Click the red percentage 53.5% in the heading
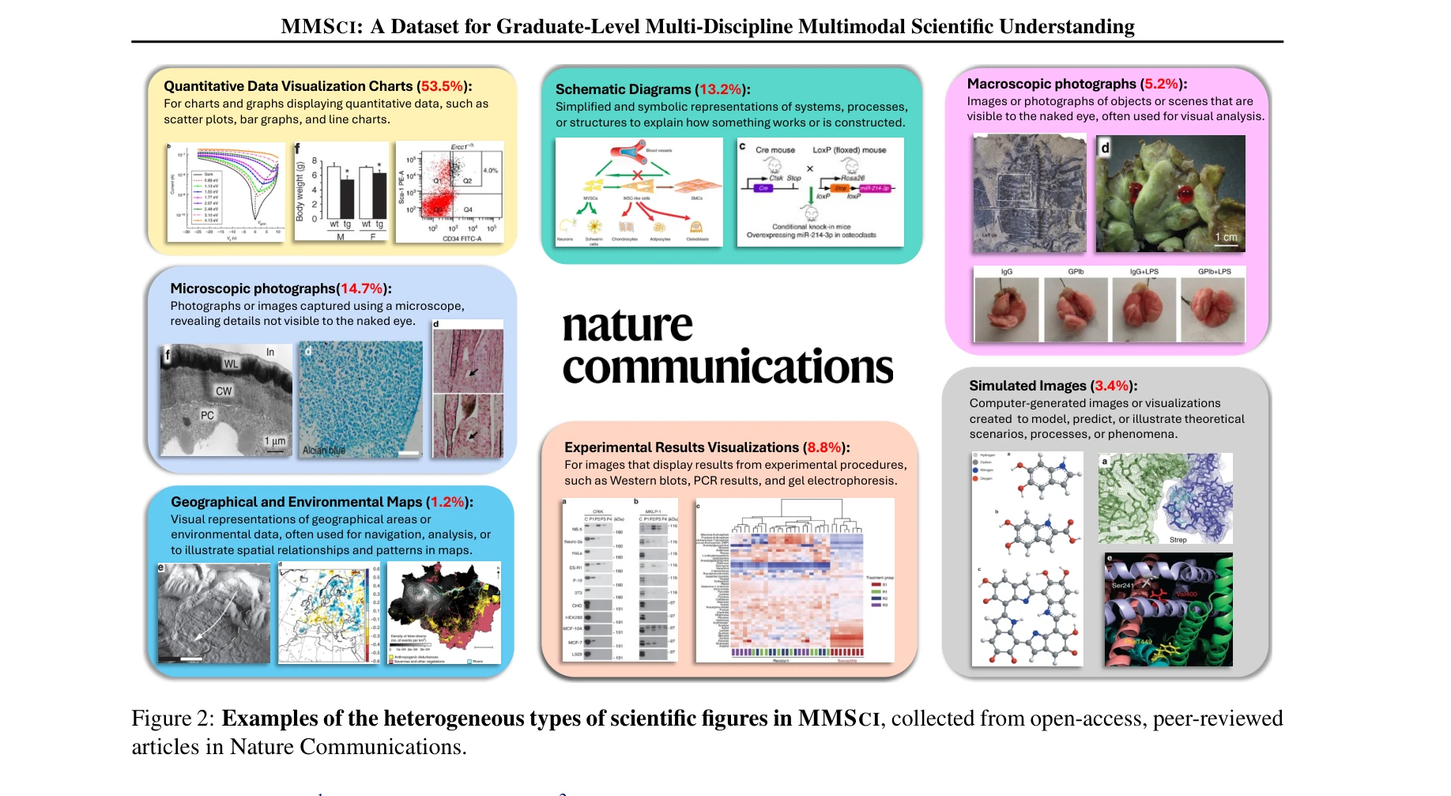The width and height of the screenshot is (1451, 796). [442, 86]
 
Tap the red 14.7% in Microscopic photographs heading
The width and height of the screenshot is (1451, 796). [361, 289]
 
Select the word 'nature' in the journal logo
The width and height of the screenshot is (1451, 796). [628, 326]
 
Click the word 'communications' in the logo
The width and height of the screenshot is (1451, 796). [727, 368]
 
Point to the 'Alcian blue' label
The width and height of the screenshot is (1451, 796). [324, 450]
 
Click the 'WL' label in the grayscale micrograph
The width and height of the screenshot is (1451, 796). [231, 364]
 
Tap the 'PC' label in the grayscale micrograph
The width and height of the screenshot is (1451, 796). [207, 415]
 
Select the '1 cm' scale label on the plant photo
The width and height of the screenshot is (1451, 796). [1227, 237]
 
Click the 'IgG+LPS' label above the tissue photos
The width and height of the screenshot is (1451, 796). [1144, 272]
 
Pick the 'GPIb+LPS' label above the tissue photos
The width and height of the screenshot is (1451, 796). [1214, 272]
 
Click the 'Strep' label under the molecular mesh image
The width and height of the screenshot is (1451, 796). [1178, 540]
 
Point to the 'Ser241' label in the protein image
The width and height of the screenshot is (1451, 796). [1122, 585]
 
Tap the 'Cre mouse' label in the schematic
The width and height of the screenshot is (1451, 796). [774, 150]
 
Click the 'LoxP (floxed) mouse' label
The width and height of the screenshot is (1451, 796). [849, 150]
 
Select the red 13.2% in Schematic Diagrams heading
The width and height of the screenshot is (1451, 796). [720, 89]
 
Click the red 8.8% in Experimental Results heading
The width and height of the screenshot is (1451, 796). [823, 447]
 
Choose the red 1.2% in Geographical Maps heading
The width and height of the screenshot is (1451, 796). [447, 502]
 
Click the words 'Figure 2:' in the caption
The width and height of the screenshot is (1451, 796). [172, 719]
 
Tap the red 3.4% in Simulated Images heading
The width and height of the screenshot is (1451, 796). [1111, 386]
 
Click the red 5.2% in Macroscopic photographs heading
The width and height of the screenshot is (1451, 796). [1161, 84]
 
